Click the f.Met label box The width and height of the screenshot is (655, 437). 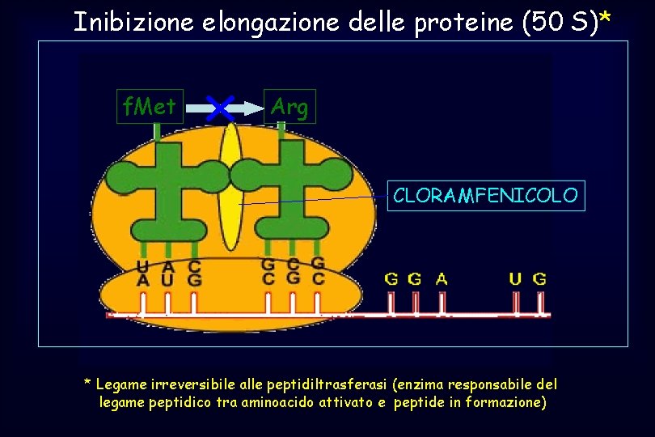click(x=150, y=105)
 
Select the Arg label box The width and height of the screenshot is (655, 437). click(x=289, y=106)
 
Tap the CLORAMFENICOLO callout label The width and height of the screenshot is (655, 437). click(x=485, y=195)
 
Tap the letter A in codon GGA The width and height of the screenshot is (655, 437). click(x=442, y=279)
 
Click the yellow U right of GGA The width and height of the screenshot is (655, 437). click(x=515, y=279)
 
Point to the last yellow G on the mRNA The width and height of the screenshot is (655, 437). click(x=539, y=279)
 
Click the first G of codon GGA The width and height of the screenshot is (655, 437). click(x=391, y=279)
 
